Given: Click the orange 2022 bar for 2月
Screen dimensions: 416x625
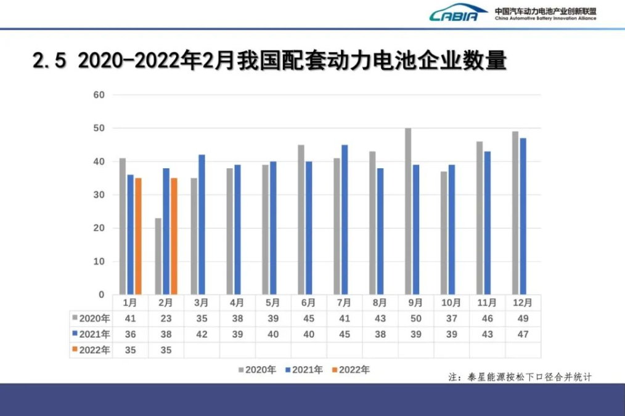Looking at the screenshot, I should tap(174, 236).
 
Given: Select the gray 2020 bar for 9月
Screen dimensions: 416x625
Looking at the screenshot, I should tap(408, 211).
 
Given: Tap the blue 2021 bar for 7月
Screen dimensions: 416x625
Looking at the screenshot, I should tap(345, 219).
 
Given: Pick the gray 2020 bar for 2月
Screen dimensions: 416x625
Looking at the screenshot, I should tap(158, 256).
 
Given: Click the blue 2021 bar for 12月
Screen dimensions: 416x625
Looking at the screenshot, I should tap(523, 216).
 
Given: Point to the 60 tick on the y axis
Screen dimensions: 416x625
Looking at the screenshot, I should tap(99, 95).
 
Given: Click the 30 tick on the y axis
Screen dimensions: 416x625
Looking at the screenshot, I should tap(99, 195).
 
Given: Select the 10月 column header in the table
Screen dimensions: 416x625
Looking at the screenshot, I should tap(451, 303).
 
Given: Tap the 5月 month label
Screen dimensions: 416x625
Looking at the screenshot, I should tap(272, 303).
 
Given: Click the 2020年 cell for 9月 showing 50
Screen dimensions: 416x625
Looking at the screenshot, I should tap(415, 319).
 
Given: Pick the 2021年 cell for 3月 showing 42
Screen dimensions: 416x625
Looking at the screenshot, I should tap(202, 334).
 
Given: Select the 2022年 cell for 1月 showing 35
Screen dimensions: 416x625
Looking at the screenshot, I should tap(130, 350).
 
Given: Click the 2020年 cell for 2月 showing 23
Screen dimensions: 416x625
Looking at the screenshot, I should tap(166, 319).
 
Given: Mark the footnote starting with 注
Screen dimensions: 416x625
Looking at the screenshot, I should tap(520, 377).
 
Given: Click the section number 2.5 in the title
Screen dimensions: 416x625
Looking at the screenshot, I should tap(49, 61).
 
